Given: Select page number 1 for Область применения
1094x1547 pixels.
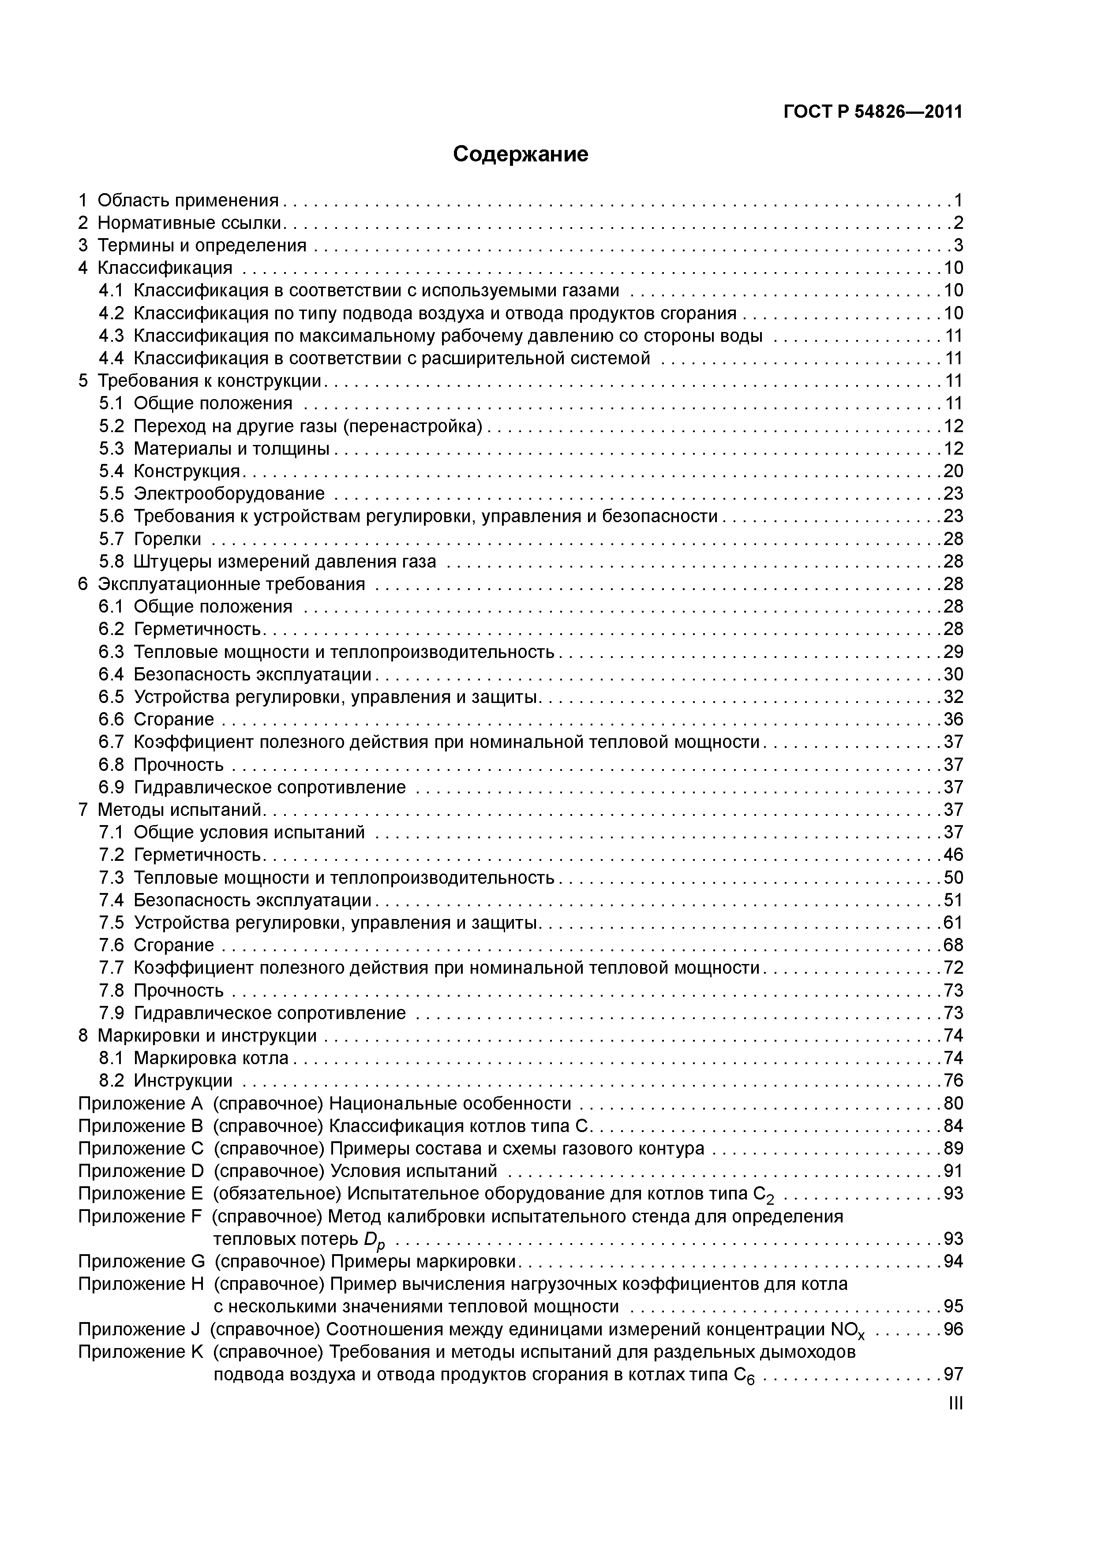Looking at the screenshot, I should point(958,200).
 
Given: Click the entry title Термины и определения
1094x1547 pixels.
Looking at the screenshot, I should point(202,245).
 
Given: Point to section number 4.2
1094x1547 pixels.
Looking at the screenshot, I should point(111,313).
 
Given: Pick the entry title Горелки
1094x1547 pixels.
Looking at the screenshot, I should point(167,539).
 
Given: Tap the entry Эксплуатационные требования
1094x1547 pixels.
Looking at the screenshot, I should point(231,584).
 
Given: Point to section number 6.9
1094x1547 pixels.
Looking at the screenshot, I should point(111,787).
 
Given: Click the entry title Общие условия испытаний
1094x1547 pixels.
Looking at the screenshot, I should point(249,832).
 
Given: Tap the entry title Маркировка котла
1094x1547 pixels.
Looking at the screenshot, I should point(211,1058).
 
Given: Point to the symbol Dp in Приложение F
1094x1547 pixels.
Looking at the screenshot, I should point(374,1240).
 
